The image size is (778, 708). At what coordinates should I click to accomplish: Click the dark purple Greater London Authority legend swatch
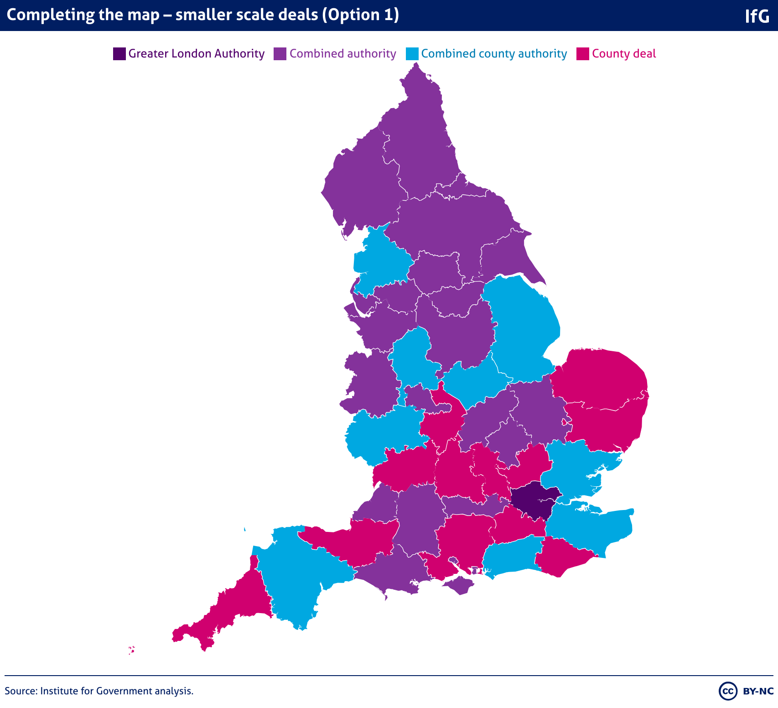pyautogui.click(x=119, y=54)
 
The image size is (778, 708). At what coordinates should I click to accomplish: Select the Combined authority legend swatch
pyautogui.click(x=280, y=54)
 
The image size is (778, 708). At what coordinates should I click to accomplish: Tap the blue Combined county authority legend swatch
pyautogui.click(x=412, y=54)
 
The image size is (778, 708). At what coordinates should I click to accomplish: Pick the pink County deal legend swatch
pyautogui.click(x=583, y=54)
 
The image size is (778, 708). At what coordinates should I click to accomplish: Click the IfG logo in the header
pyautogui.click(x=757, y=16)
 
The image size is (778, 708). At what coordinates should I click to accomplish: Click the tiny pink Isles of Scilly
pyautogui.click(x=131, y=650)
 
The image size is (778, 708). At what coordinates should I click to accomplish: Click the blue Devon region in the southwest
pyautogui.click(x=296, y=579)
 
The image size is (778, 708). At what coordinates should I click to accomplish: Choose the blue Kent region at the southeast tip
pyautogui.click(x=593, y=529)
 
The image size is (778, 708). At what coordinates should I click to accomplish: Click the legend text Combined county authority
pyautogui.click(x=494, y=54)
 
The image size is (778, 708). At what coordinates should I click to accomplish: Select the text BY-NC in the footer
pyautogui.click(x=758, y=691)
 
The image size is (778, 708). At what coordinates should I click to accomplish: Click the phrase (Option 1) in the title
pyautogui.click(x=361, y=15)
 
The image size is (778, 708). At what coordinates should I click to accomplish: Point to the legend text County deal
pyautogui.click(x=624, y=54)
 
